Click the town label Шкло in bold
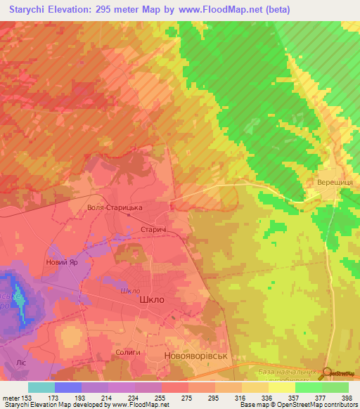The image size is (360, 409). (153, 299)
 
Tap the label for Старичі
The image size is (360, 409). (153, 231)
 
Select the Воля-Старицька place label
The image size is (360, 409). (114, 208)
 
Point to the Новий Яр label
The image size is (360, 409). (61, 262)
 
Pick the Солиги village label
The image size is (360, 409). (128, 352)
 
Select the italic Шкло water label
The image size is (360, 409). (131, 291)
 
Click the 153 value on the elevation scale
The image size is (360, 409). (27, 398)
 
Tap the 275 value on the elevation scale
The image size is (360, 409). (188, 398)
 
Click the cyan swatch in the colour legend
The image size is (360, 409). (41, 387)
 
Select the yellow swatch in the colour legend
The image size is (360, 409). (281, 387)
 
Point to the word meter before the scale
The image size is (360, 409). (10, 398)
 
